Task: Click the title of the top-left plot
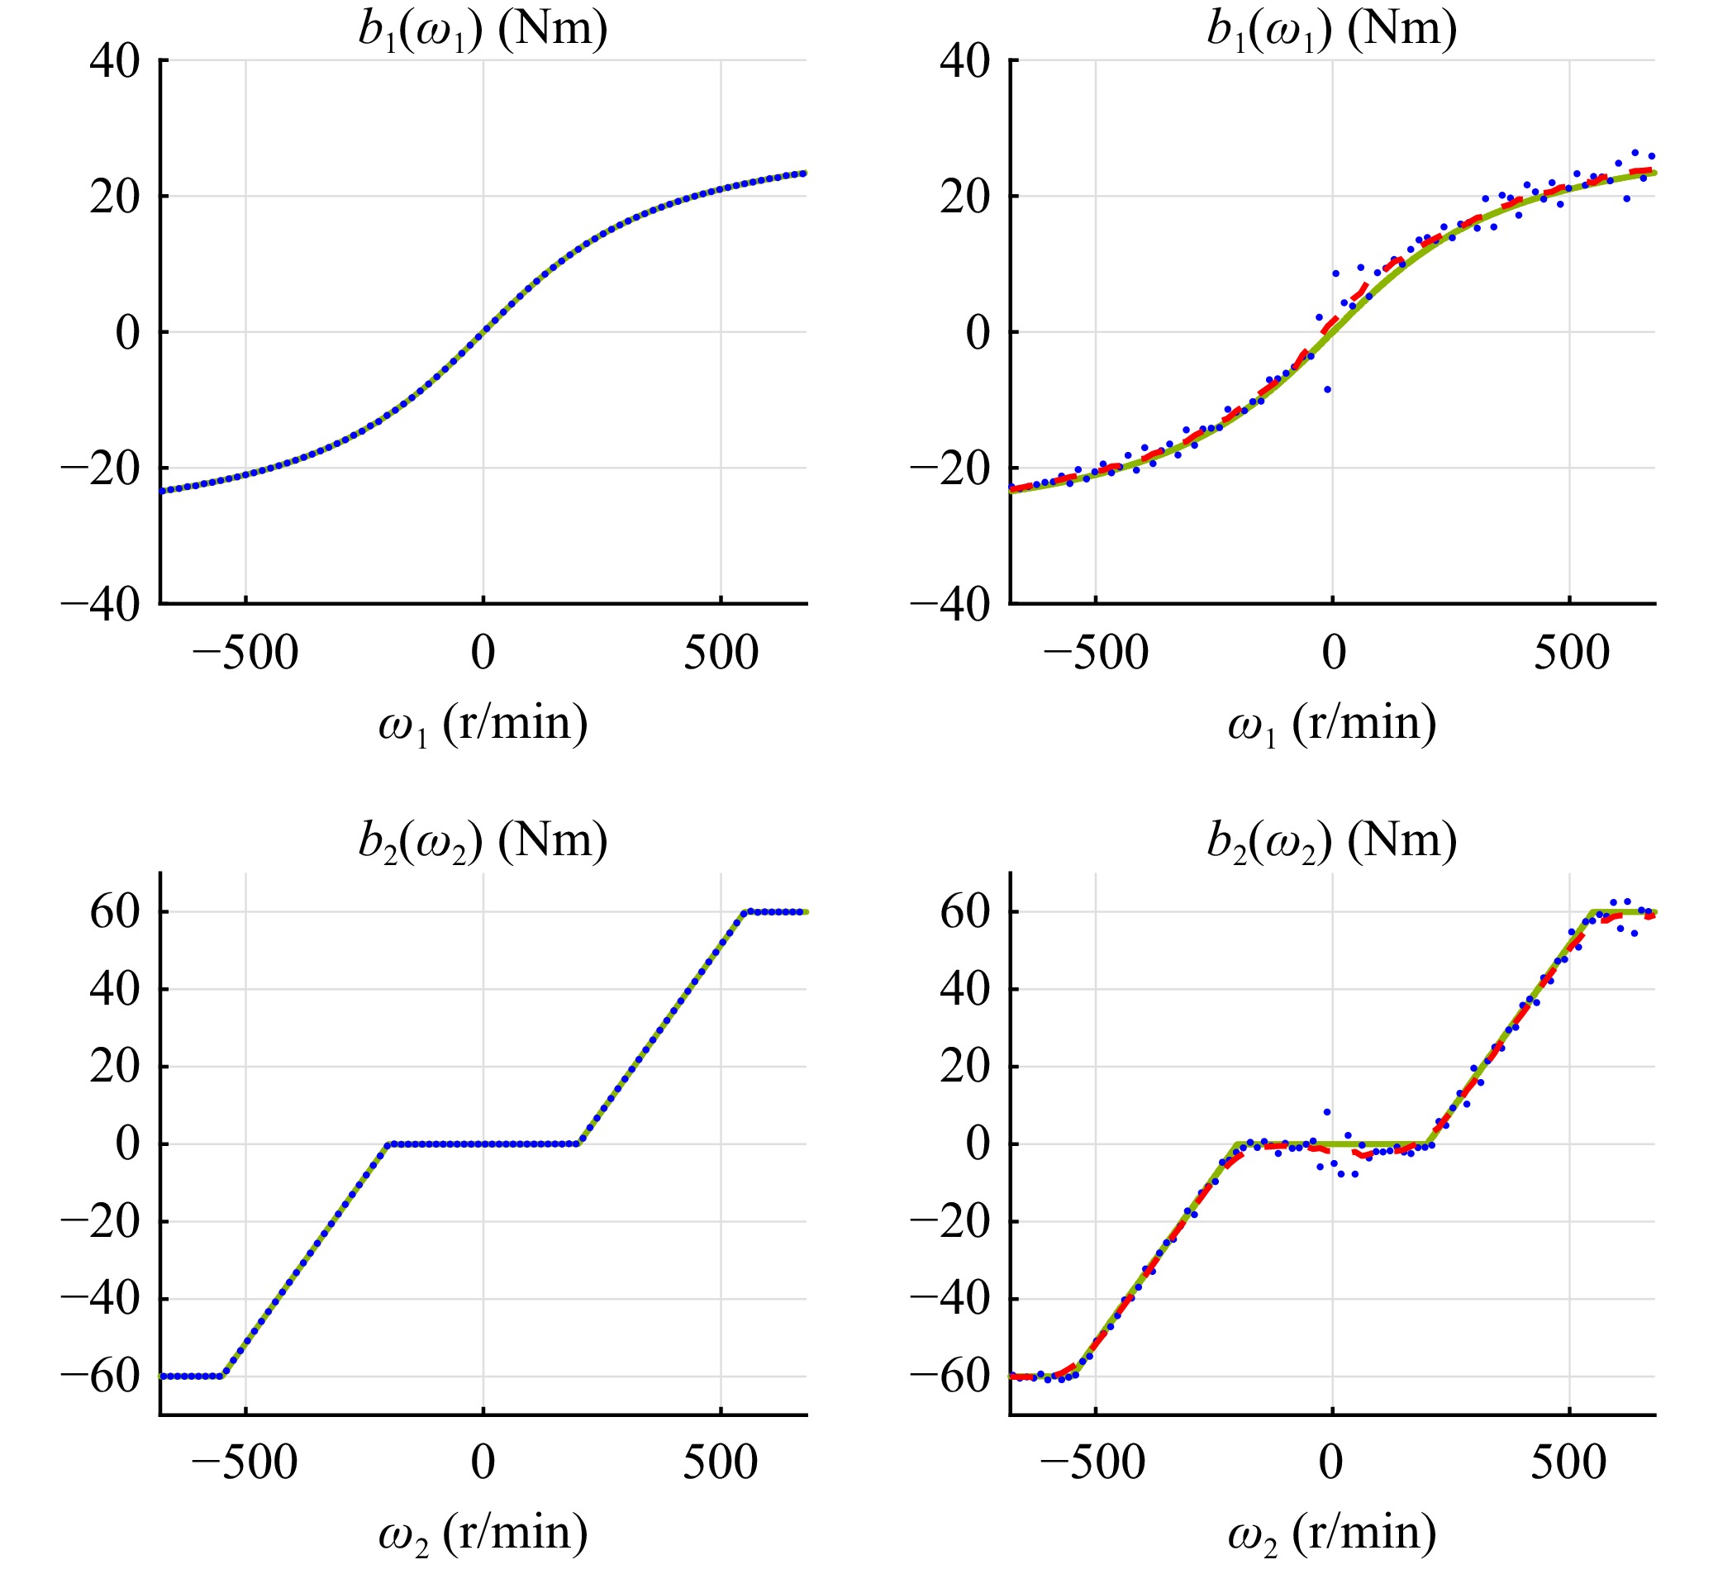tap(483, 30)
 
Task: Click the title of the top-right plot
tap(1332, 30)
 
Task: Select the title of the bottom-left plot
tap(483, 842)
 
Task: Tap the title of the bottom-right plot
tap(1332, 842)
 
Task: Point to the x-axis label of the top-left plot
tap(483, 724)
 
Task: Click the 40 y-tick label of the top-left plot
tap(115, 61)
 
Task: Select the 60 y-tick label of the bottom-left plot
tap(115, 913)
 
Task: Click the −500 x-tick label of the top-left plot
tap(245, 654)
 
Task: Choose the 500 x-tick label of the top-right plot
tap(1571, 654)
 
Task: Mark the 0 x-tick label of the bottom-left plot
tap(483, 1463)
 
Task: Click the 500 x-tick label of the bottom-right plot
tap(1568, 1463)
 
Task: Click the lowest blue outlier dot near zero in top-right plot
tap(1327, 389)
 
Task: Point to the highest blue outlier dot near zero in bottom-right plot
tap(1327, 1112)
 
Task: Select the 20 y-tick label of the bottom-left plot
tap(115, 1067)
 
